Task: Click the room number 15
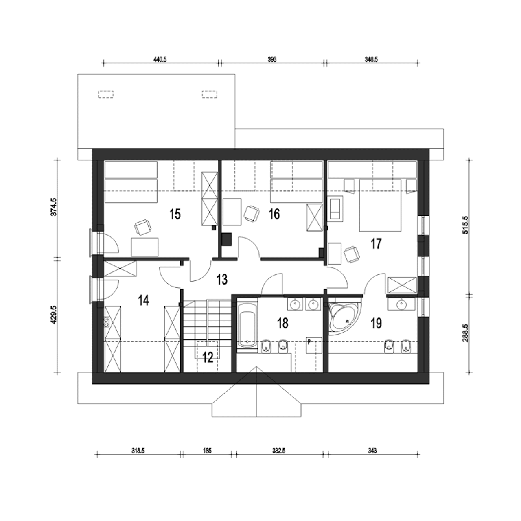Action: pyautogui.click(x=175, y=215)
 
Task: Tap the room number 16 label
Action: pyautogui.click(x=274, y=215)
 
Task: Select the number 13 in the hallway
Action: pyautogui.click(x=222, y=279)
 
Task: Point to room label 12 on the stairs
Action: pyautogui.click(x=208, y=358)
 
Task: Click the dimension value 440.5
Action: pyautogui.click(x=160, y=59)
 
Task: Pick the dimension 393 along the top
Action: pyautogui.click(x=272, y=59)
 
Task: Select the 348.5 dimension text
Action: pyautogui.click(x=371, y=59)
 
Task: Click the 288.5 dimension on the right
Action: pyautogui.click(x=465, y=335)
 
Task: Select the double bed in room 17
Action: pyautogui.click(x=380, y=205)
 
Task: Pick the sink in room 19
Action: pyautogui.click(x=401, y=304)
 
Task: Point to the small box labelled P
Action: pyautogui.click(x=314, y=345)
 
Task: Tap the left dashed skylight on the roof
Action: pyautogui.click(x=106, y=94)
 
